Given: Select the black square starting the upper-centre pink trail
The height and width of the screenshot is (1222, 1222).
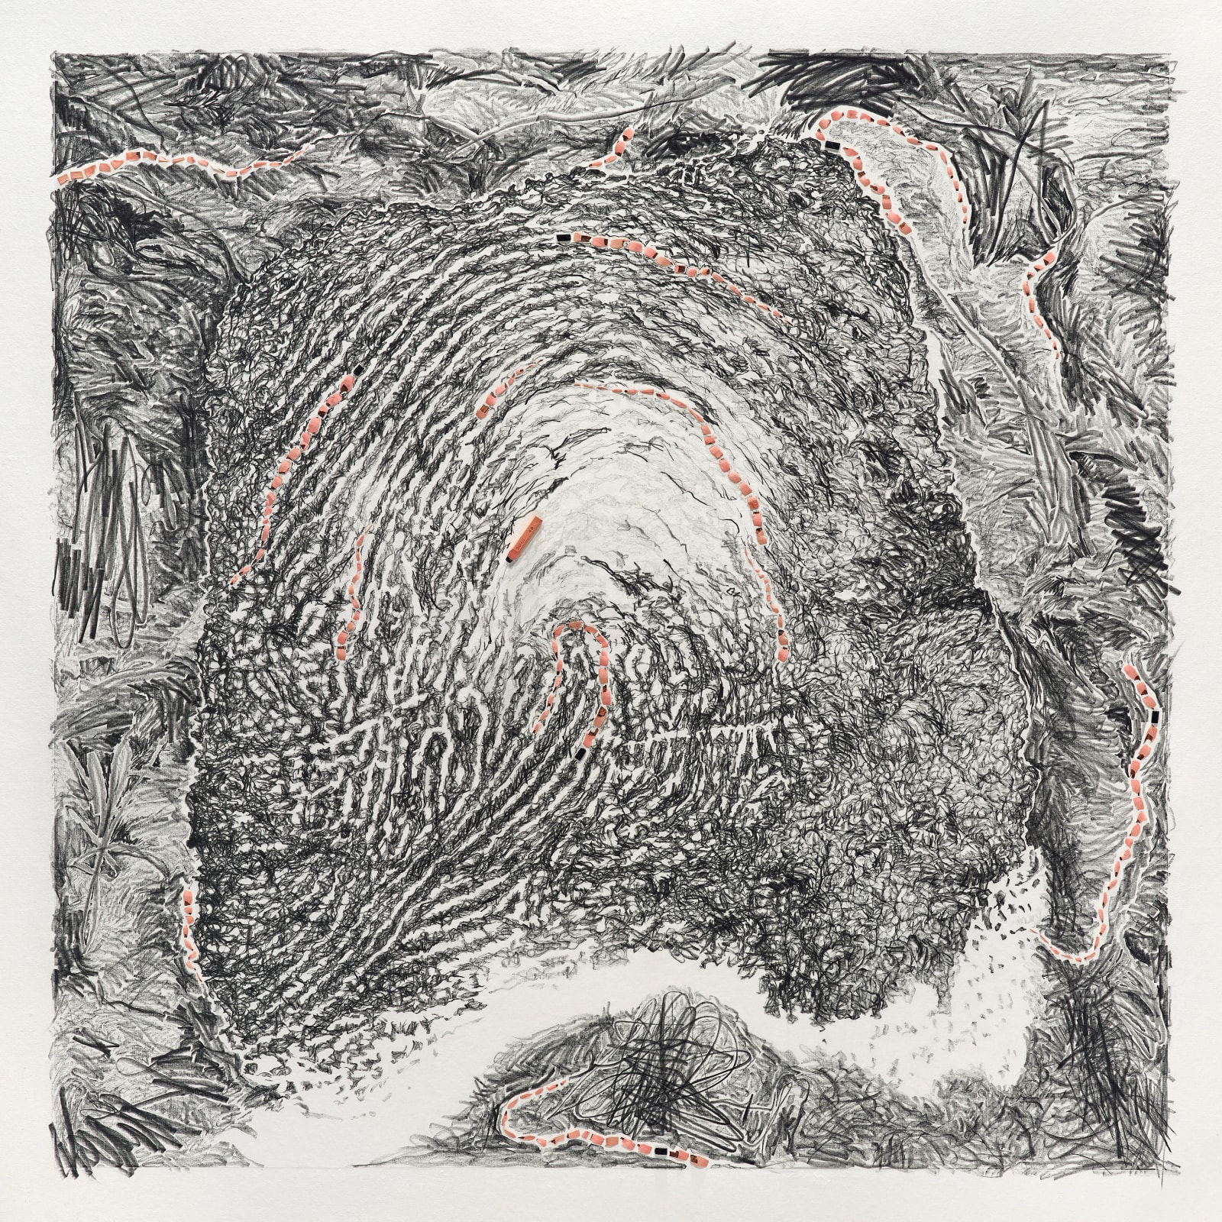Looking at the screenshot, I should coord(564,238).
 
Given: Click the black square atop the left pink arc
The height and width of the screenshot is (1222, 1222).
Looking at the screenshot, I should coord(357,370).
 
